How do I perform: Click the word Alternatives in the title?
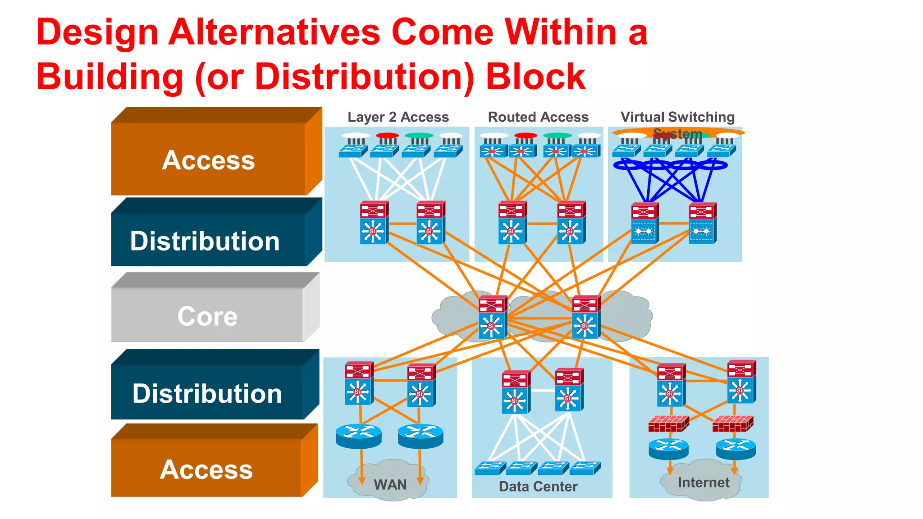click(x=274, y=32)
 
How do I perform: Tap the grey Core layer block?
click(x=208, y=315)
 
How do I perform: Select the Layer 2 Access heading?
click(x=398, y=117)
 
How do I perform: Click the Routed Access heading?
click(x=538, y=117)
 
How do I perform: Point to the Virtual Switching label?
click(x=677, y=117)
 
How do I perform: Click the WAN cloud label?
click(x=390, y=485)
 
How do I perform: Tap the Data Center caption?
click(x=538, y=487)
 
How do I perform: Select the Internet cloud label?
click(x=703, y=483)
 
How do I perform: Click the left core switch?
click(x=493, y=317)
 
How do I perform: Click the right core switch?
click(x=585, y=317)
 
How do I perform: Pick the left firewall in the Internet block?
click(x=668, y=423)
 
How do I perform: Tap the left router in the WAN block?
click(x=359, y=436)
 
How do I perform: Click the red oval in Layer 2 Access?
click(x=387, y=136)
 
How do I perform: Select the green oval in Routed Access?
click(x=557, y=136)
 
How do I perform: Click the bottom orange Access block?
click(x=206, y=469)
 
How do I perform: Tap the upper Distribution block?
click(x=205, y=241)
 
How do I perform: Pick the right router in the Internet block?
click(x=736, y=449)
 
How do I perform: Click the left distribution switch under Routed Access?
click(x=512, y=223)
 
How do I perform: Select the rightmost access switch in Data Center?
click(x=585, y=469)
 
